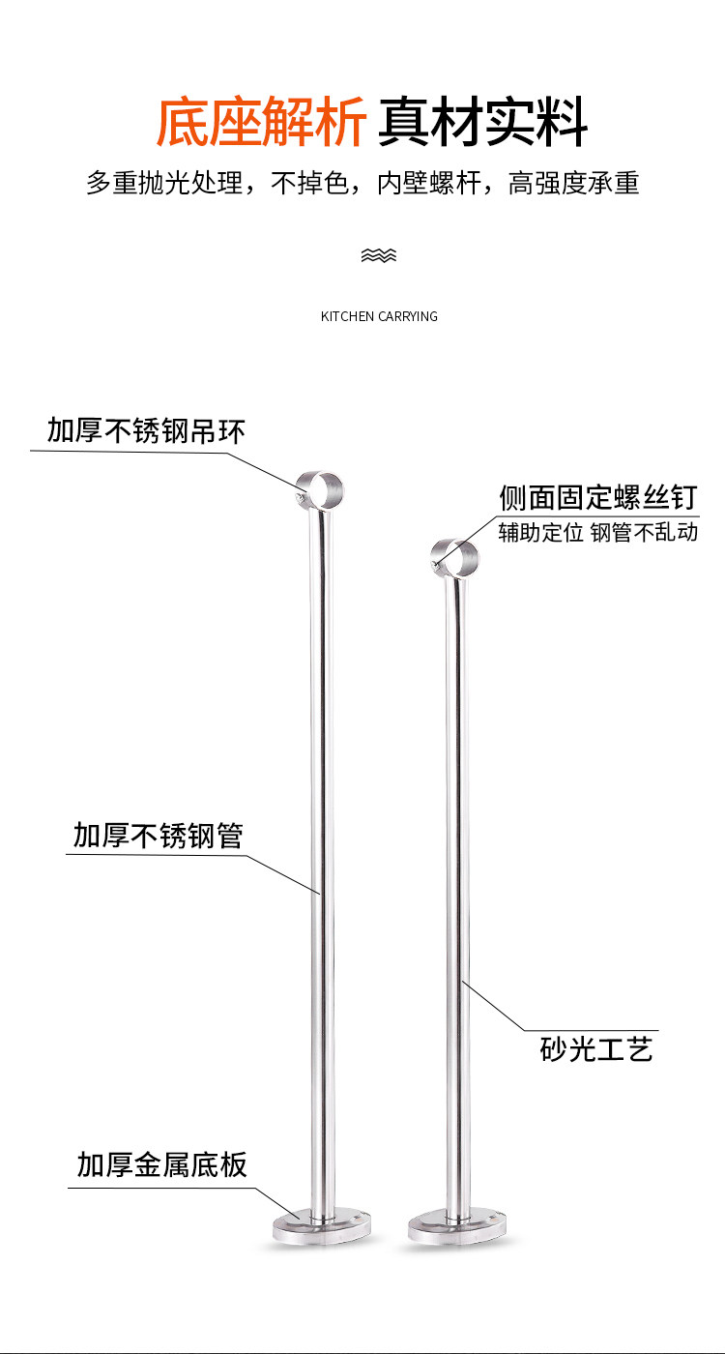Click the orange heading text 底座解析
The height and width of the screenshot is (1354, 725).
pyautogui.click(x=261, y=122)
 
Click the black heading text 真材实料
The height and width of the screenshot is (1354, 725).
pyautogui.click(x=482, y=122)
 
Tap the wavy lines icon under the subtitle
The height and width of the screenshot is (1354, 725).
pyautogui.click(x=379, y=255)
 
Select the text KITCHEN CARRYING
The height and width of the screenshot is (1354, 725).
pyautogui.click(x=379, y=316)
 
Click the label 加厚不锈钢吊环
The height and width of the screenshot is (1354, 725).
pyautogui.click(x=146, y=431)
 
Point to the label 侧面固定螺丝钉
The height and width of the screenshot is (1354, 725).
pyautogui.click(x=598, y=497)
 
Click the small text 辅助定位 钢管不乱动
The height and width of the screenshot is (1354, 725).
pyautogui.click(x=598, y=533)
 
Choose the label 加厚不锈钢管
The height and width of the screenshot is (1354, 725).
pyautogui.click(x=159, y=836)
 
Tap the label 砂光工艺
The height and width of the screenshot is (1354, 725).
pyautogui.click(x=596, y=1048)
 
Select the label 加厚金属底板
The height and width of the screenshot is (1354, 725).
pyautogui.click(x=162, y=1164)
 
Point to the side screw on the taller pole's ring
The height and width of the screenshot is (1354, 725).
pyautogui.click(x=299, y=497)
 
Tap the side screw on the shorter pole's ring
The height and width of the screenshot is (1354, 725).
pyautogui.click(x=435, y=565)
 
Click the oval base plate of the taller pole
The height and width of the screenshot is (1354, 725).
pyautogui.click(x=321, y=1226)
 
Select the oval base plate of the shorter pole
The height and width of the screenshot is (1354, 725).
pyautogui.click(x=456, y=1226)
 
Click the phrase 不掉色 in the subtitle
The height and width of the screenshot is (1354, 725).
pyautogui.click(x=308, y=183)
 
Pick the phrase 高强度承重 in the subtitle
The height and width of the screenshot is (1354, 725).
pyautogui.click(x=573, y=183)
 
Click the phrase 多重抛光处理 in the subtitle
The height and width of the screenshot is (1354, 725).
pyautogui.click(x=164, y=183)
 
